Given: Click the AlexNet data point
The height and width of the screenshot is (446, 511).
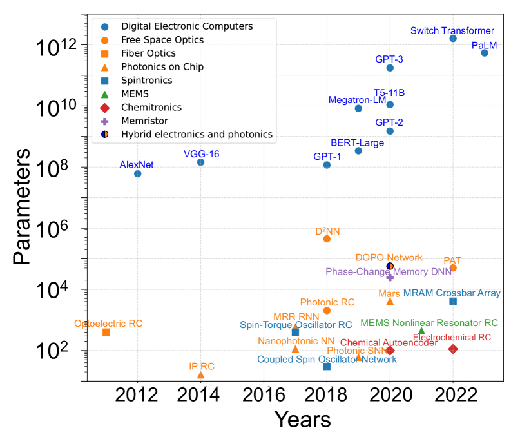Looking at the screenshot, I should click(137, 173).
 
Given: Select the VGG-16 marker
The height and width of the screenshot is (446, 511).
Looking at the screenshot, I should click(200, 162).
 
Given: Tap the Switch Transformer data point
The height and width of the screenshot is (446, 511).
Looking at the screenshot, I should click(453, 39).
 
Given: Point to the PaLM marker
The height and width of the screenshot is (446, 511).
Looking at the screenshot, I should click(485, 53).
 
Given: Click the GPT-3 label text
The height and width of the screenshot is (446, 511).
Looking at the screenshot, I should click(389, 59).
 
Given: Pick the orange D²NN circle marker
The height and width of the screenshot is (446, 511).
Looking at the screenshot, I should click(327, 239).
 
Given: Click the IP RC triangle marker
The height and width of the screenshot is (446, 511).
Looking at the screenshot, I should click(200, 375).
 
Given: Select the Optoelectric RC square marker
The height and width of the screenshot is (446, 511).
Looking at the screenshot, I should click(106, 332).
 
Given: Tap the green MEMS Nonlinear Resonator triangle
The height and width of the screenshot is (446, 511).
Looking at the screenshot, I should click(421, 331).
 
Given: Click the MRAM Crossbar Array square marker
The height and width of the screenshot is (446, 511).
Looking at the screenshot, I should click(453, 301).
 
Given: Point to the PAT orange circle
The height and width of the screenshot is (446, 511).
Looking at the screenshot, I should click(453, 267).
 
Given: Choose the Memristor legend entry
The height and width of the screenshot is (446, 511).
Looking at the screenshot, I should click(146, 121).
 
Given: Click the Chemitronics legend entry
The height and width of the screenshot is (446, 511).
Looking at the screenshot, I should click(151, 107).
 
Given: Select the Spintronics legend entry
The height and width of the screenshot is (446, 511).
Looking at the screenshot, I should click(146, 81).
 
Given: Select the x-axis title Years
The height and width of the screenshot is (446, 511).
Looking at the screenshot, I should click(302, 420).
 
